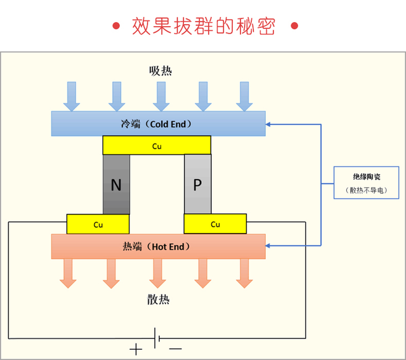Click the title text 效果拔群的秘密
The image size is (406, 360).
click(204, 26)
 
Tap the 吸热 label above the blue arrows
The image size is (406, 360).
click(160, 70)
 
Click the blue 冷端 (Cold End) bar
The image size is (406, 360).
click(158, 124)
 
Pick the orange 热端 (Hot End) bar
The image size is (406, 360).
click(158, 246)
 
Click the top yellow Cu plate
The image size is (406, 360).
click(157, 145)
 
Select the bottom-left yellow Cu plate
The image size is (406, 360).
click(98, 224)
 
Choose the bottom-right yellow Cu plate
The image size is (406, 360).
click(215, 224)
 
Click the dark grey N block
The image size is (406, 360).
click(116, 185)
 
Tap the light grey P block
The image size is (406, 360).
click(197, 185)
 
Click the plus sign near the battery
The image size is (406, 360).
click(136, 349)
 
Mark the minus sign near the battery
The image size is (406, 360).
click(176, 349)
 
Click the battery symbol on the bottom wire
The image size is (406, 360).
click(157, 336)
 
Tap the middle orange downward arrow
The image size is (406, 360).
click(157, 274)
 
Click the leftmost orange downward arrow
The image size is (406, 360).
click(68, 274)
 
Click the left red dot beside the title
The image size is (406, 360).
click(115, 26)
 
